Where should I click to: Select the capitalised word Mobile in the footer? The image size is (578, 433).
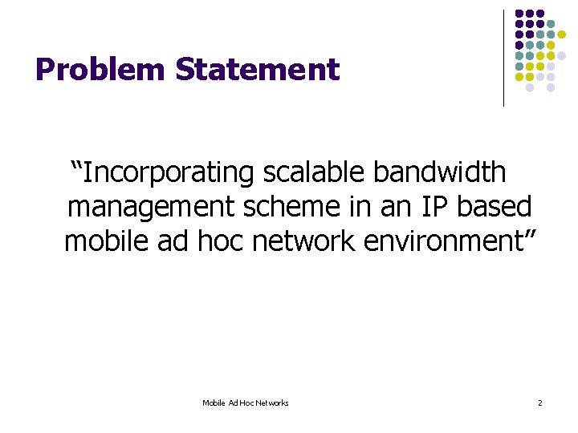click(x=214, y=403)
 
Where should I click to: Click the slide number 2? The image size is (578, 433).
click(x=539, y=403)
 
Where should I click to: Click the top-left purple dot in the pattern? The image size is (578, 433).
click(x=519, y=14)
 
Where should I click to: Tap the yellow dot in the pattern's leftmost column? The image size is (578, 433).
click(x=519, y=77)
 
